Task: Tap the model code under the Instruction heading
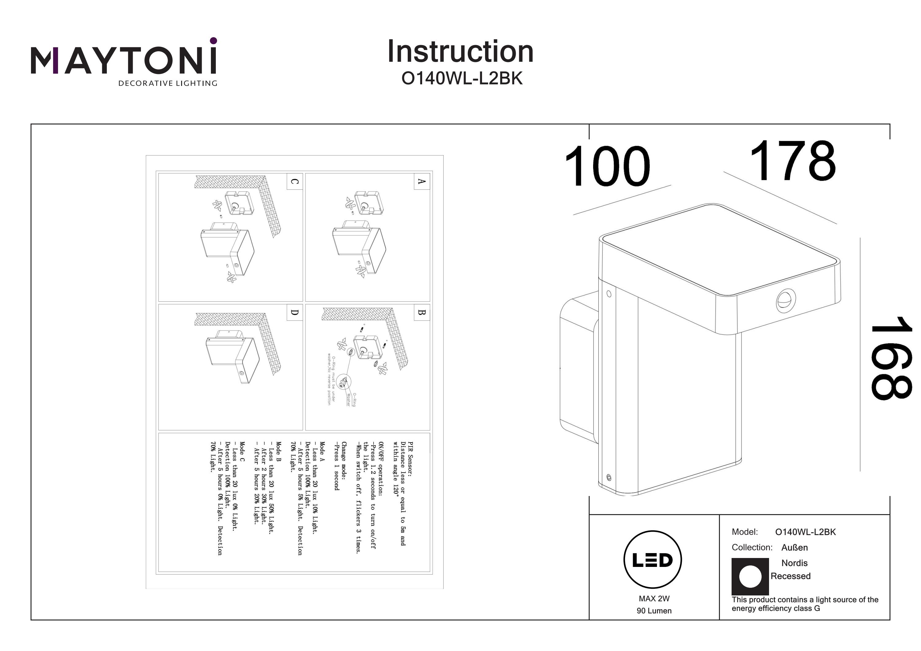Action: [x=462, y=79]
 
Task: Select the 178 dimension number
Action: [x=793, y=161]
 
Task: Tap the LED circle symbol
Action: [x=652, y=560]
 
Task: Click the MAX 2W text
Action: [x=654, y=599]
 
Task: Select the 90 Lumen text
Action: [x=654, y=610]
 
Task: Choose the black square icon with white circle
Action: [x=750, y=576]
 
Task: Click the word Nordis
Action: [x=794, y=563]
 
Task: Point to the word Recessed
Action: [x=790, y=576]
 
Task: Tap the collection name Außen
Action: [x=794, y=548]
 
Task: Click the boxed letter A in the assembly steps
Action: [x=422, y=181]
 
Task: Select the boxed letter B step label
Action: [x=422, y=312]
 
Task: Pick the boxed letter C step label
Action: [x=294, y=182]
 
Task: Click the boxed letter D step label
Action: [x=294, y=312]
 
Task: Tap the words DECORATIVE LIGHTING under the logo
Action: [x=168, y=83]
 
